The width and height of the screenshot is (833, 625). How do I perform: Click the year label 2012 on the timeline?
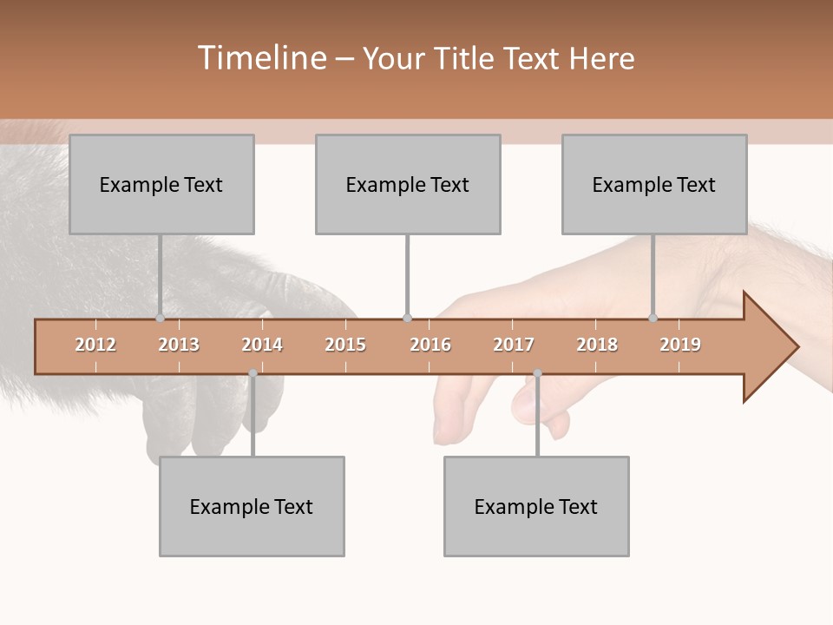(x=95, y=345)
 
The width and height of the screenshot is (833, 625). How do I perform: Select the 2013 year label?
(x=179, y=345)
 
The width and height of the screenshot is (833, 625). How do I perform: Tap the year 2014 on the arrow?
(x=262, y=345)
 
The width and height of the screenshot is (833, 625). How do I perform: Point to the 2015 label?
(x=345, y=345)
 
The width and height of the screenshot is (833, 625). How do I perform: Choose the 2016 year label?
(x=430, y=345)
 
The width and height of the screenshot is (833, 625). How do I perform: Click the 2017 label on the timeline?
(x=514, y=345)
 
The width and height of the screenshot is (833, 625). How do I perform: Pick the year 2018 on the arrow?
(x=597, y=345)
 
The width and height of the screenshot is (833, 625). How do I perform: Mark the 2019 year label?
(x=680, y=345)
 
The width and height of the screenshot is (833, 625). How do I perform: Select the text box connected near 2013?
(x=161, y=184)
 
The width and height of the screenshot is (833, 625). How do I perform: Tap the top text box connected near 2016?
(x=408, y=184)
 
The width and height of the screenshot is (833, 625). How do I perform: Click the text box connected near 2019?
(x=654, y=184)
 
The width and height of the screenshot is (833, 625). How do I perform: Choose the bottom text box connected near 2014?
(x=252, y=506)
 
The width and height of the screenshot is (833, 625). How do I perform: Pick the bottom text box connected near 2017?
(x=536, y=506)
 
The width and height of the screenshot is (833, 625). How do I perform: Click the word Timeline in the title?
(x=260, y=58)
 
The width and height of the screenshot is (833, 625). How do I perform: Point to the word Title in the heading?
(x=469, y=58)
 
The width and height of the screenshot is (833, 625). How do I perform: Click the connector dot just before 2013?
(x=160, y=319)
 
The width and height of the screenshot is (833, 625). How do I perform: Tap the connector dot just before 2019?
(x=653, y=319)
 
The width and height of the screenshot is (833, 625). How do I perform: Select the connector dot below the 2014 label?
(x=253, y=373)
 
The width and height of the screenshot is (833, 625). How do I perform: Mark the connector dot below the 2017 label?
(x=537, y=373)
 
